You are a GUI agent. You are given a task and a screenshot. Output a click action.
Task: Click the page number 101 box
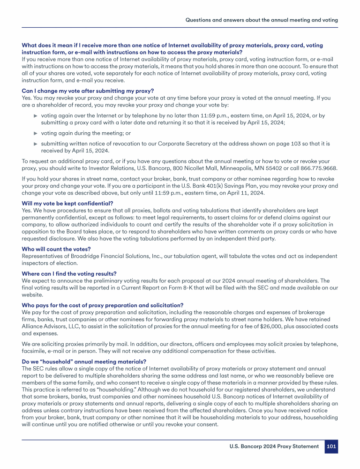point(331,446)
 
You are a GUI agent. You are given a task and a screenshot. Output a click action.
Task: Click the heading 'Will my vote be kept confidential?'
point(67,203)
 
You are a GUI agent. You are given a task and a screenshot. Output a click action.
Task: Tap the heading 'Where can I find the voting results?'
point(69,273)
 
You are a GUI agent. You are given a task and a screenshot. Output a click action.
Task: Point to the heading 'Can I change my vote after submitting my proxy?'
point(88,91)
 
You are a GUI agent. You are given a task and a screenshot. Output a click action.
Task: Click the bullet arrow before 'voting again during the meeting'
point(36,133)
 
